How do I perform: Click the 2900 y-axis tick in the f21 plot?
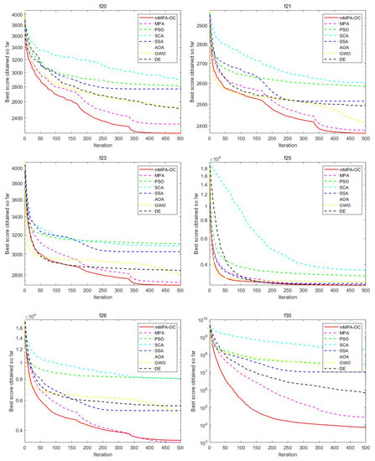click(199, 26)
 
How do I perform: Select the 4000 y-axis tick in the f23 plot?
click(14, 168)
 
